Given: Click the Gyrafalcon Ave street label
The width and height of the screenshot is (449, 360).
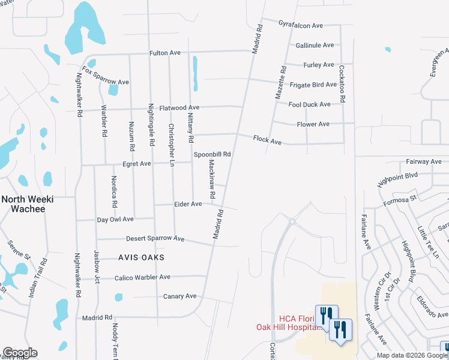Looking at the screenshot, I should [x=301, y=25].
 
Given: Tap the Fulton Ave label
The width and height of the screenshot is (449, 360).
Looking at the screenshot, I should [x=165, y=53].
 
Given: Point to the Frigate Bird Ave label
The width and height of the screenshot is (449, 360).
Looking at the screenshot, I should [x=313, y=85].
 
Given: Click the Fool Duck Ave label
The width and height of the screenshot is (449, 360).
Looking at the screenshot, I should [x=309, y=104].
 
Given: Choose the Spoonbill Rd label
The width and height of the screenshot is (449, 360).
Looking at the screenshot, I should [x=212, y=154].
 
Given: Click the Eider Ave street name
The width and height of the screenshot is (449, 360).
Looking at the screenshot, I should [x=188, y=204].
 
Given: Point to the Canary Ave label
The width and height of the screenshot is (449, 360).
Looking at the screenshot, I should [x=179, y=296].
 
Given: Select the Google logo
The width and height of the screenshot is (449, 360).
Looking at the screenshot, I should [x=20, y=353].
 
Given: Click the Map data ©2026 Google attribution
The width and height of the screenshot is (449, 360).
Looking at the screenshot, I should [x=411, y=355].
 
